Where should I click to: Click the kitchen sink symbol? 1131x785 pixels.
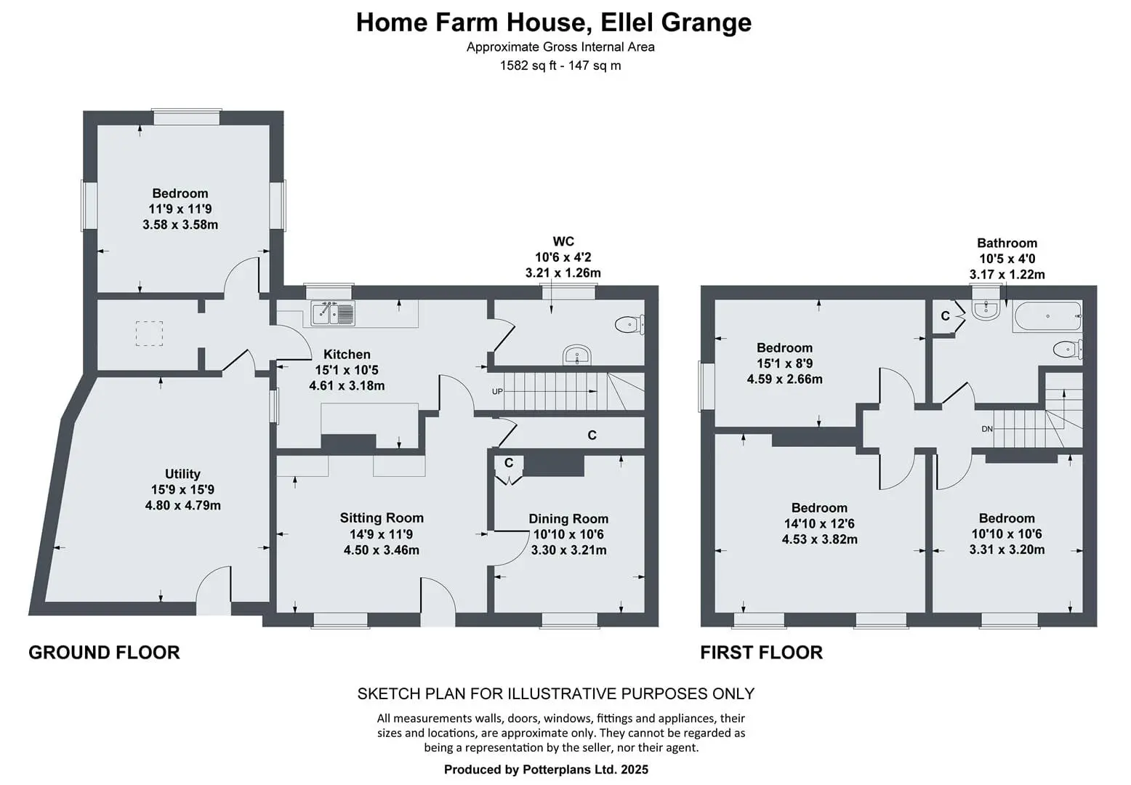[x=333, y=313]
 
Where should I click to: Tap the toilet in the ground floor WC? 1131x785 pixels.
[x=629, y=324]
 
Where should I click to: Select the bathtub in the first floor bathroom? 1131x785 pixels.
[x=1047, y=316]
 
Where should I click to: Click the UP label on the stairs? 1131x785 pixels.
[x=497, y=391]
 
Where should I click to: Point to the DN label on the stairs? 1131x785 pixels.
[x=987, y=429]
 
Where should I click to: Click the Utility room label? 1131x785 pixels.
[x=182, y=473]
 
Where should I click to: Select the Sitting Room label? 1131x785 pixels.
[x=381, y=518]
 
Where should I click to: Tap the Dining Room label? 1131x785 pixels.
[x=568, y=518]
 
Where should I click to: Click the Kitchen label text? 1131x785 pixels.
[x=347, y=354]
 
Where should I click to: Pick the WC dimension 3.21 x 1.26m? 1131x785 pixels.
[x=563, y=273]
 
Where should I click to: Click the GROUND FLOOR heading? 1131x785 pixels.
[x=104, y=652]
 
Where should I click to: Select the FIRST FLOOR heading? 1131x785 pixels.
[x=762, y=652]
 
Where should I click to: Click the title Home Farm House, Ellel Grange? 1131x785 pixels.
[x=554, y=23]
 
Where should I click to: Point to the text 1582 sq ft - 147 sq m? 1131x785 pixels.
[x=560, y=65]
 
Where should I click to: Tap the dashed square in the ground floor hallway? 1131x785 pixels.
[x=150, y=333]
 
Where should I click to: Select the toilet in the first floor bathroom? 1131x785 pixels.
[x=1067, y=349]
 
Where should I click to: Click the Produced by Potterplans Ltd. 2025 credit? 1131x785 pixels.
[x=546, y=769]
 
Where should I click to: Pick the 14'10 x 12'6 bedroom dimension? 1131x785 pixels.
[x=819, y=523]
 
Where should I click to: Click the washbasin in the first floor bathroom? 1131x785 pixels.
[x=986, y=310]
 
